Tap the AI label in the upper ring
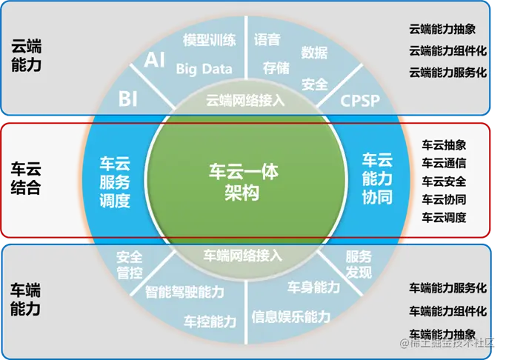pyautogui.click(x=154, y=60)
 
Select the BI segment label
pyautogui.click(x=128, y=98)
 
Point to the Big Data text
pyautogui.click(x=204, y=69)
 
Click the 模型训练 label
pyautogui.click(x=210, y=41)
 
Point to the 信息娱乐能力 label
pyautogui.click(x=290, y=317)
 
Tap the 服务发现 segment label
pyautogui.click(x=359, y=265)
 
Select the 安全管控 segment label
pyautogui.click(x=129, y=265)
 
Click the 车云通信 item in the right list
pyautogui.click(x=444, y=162)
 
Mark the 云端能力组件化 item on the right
pyautogui.click(x=447, y=51)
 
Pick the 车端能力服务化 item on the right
pyautogui.click(x=447, y=287)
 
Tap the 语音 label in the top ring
pyautogui.click(x=267, y=39)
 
